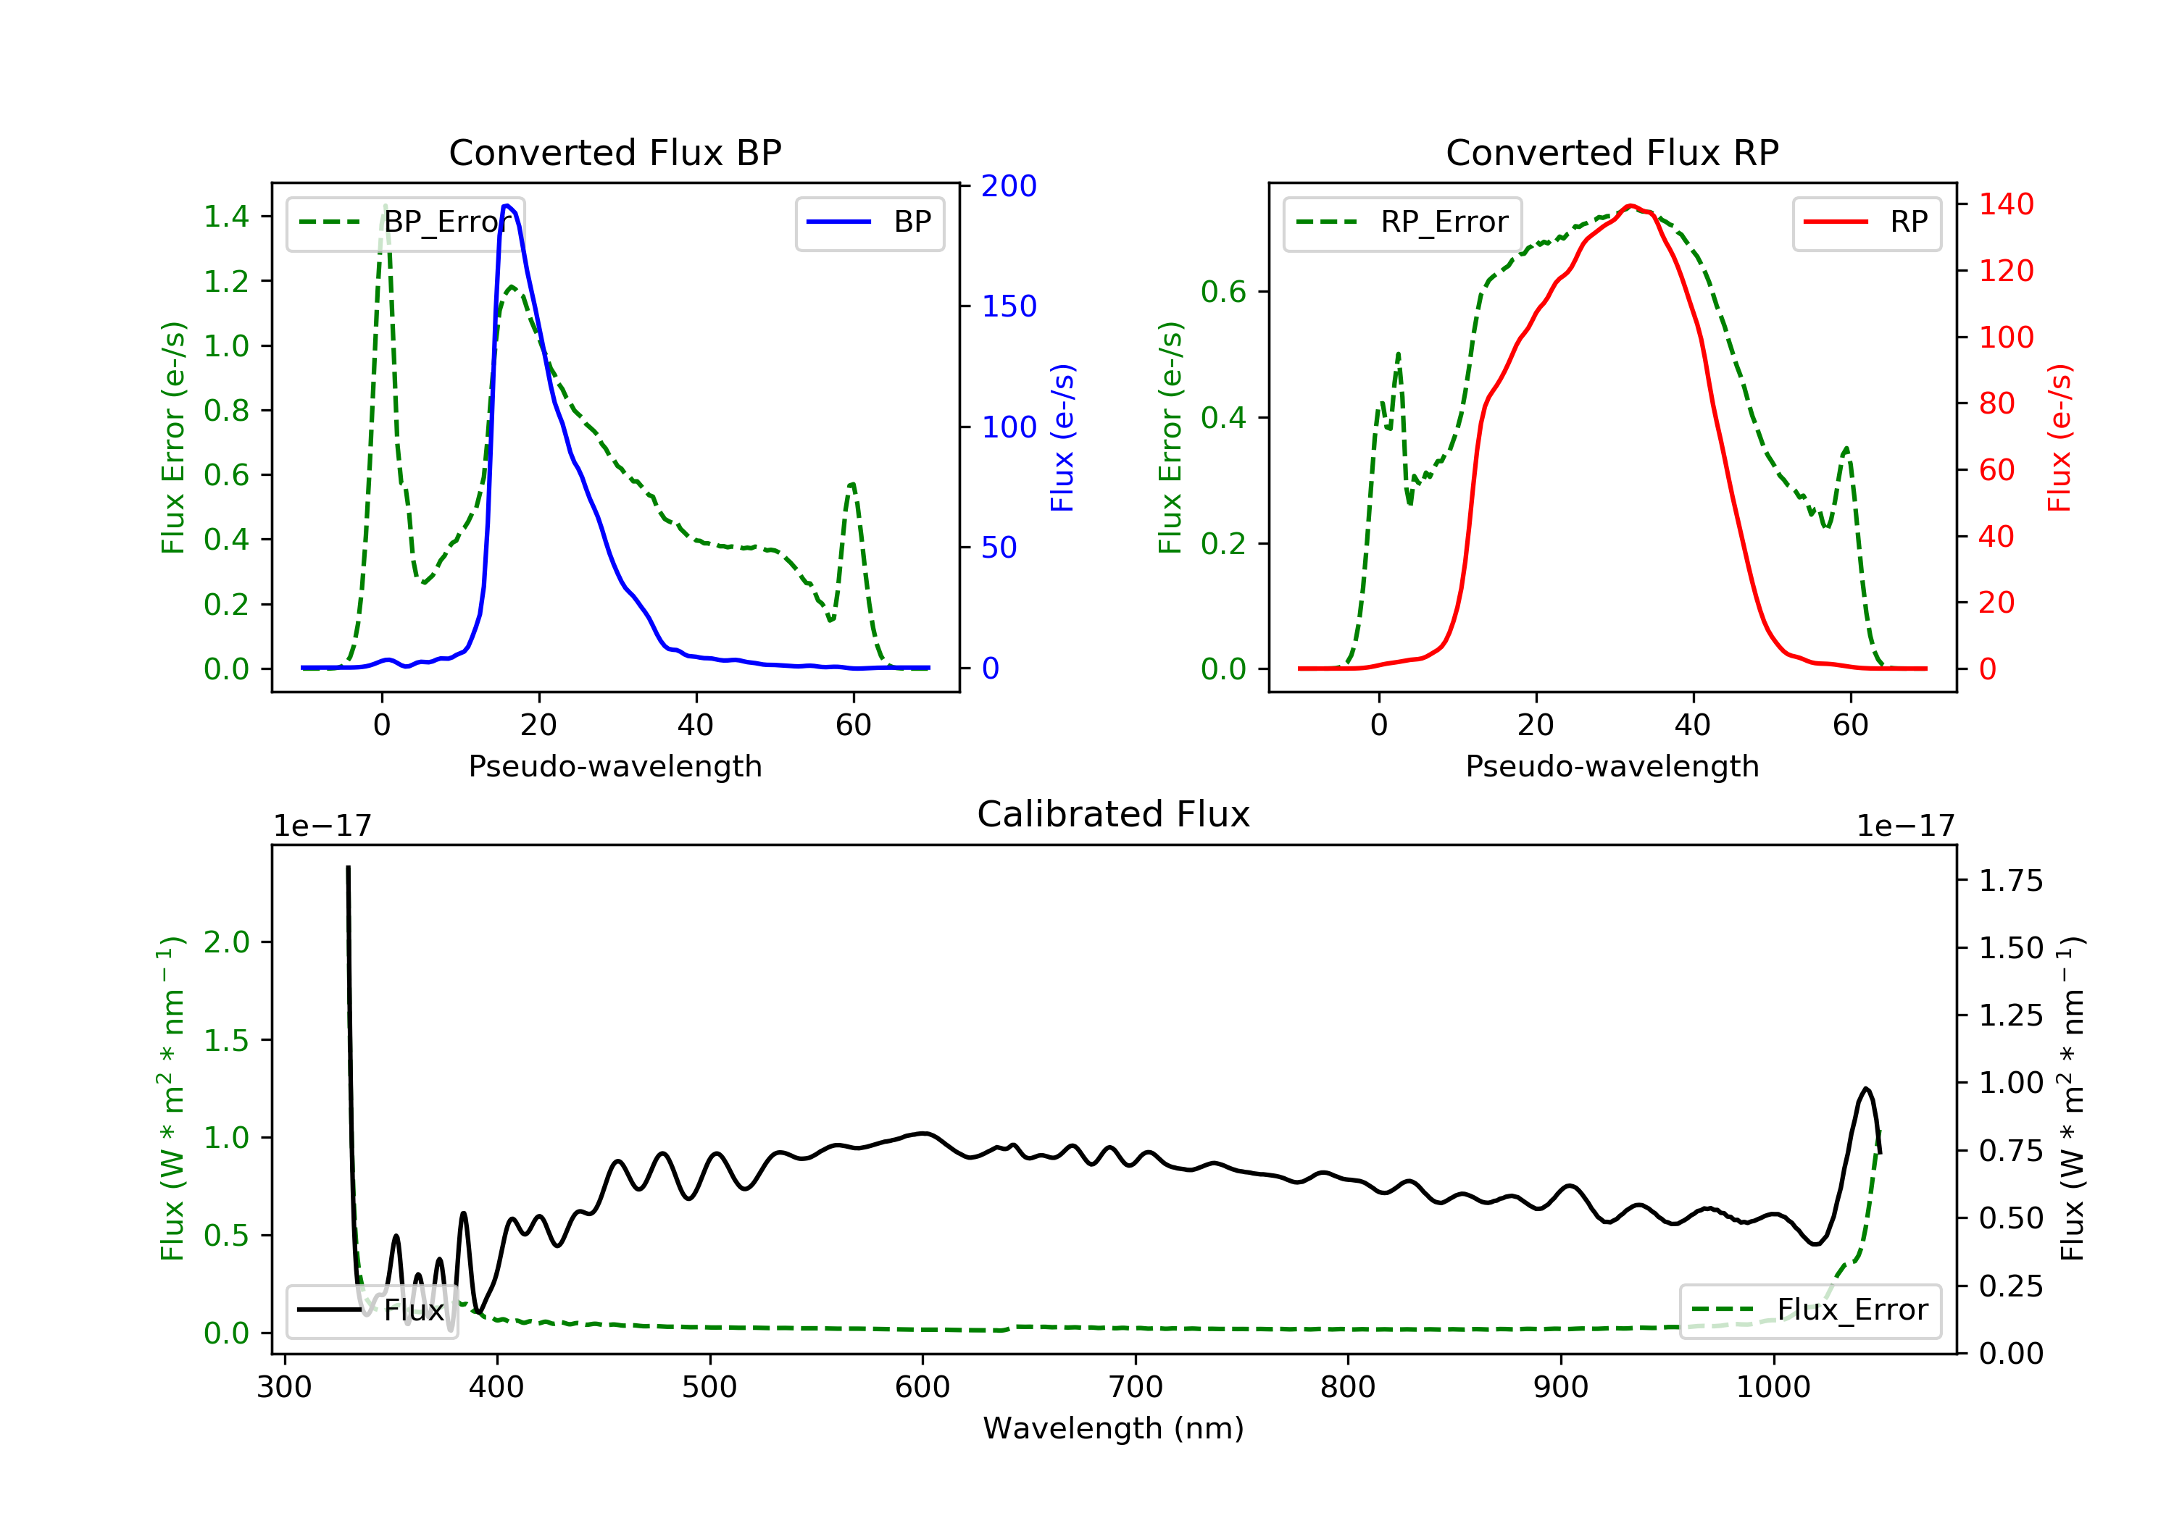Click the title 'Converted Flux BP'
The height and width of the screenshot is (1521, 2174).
[615, 152]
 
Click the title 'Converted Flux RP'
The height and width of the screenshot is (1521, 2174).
[1612, 152]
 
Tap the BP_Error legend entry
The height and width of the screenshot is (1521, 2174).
[404, 222]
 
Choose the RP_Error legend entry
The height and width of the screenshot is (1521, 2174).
[1402, 222]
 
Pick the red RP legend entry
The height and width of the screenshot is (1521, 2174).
[1866, 222]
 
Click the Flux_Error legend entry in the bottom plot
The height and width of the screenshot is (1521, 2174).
[1810, 1310]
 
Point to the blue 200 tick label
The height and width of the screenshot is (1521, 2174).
[1009, 186]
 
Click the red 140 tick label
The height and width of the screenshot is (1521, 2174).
[2005, 204]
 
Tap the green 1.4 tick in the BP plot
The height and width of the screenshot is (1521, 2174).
[226, 217]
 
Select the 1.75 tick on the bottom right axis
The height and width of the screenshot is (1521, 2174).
[2010, 881]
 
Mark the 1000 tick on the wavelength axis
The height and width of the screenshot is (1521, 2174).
[1773, 1388]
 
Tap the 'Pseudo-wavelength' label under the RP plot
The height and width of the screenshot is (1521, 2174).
[1612, 766]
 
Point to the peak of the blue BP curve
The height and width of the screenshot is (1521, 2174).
[507, 206]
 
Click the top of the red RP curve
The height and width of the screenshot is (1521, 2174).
[1630, 206]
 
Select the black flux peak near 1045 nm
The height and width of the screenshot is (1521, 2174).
[1866, 1089]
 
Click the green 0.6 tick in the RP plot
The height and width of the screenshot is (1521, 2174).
[1223, 291]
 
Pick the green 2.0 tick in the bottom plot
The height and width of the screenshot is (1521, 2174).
[226, 943]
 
